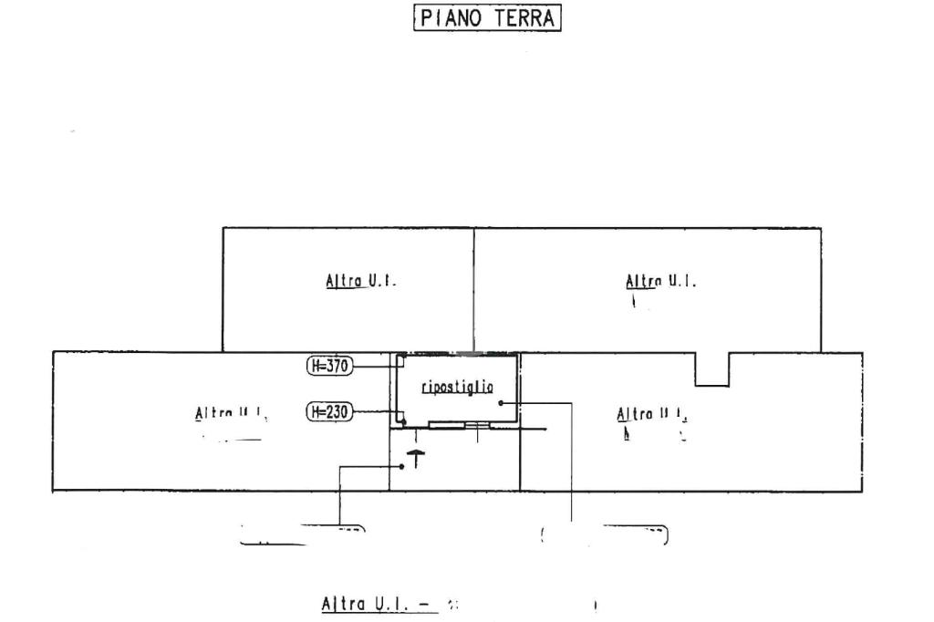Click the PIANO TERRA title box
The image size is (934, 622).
[x=487, y=18]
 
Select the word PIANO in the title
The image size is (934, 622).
[x=453, y=18]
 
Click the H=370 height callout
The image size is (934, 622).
[x=329, y=366]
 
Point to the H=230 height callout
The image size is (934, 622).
[x=329, y=411]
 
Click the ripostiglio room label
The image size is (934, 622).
[x=457, y=388]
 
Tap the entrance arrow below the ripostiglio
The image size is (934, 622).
[x=415, y=457]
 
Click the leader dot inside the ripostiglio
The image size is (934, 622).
[x=501, y=402]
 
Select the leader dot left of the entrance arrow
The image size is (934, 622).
[x=403, y=466]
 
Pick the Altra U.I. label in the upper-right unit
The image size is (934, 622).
[x=661, y=282]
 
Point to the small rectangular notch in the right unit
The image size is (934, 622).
[x=711, y=369]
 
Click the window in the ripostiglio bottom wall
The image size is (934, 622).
[x=461, y=426]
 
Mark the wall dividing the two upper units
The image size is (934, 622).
[x=473, y=289]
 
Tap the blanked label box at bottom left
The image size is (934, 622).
[x=301, y=535]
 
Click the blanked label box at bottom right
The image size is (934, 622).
[x=604, y=535]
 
